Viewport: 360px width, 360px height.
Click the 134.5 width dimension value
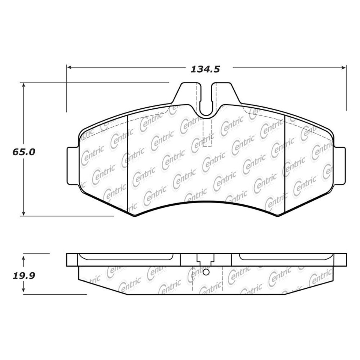tap(205, 69)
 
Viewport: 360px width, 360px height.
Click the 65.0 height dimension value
tap(24, 152)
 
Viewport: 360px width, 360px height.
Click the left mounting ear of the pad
tap(73, 166)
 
